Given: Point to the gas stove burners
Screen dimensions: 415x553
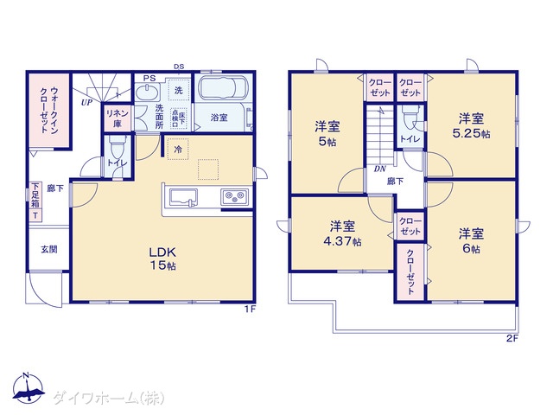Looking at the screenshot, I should coord(233,197).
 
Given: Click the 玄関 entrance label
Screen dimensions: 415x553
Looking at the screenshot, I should coord(49,249).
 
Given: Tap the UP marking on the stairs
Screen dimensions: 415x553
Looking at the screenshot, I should coord(86,102).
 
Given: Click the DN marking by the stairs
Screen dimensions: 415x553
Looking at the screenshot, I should coord(379,169).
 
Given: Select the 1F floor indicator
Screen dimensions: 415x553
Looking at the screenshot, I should coord(250,308).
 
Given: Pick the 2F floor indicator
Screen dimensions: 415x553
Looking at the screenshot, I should coord(512,338).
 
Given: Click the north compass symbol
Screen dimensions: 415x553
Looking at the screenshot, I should coord(28,392).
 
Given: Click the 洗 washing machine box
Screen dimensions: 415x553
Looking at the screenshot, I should coord(178,91).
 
